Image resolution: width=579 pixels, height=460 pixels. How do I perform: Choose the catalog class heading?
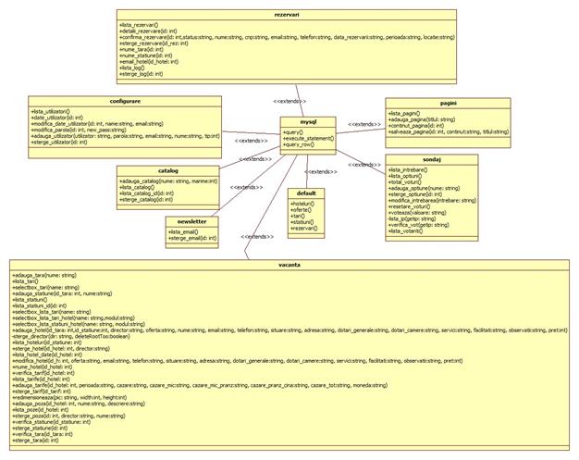pos(167,170)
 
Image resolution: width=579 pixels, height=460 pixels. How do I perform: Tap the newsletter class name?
pos(191,221)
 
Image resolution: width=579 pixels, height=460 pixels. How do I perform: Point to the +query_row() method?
pos(300,144)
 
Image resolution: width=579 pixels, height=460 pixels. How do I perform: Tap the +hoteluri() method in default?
pos(302,203)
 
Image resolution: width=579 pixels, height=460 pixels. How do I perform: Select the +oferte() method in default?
pos(300,209)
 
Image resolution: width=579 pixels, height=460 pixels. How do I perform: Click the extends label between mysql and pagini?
pos(363,122)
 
